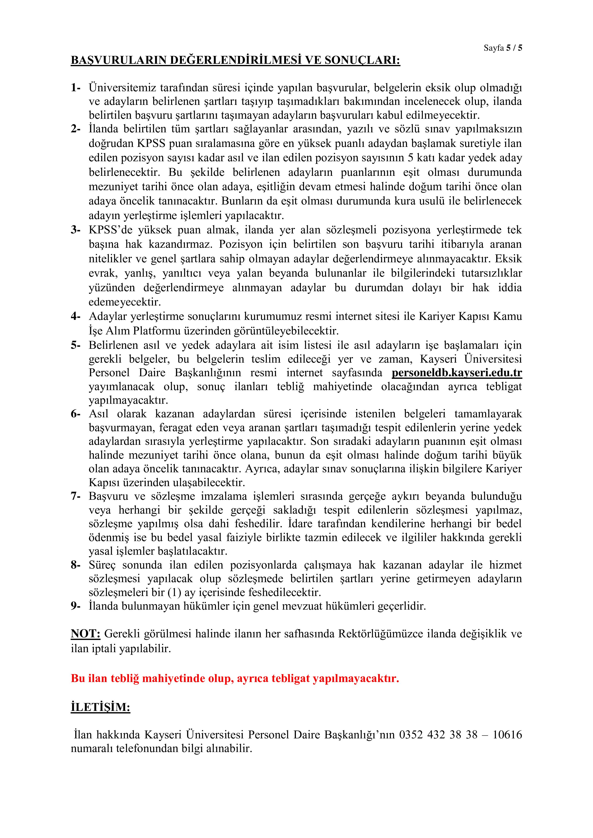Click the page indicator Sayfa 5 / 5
503,48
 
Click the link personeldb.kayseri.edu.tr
457,373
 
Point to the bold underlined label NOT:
85,634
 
